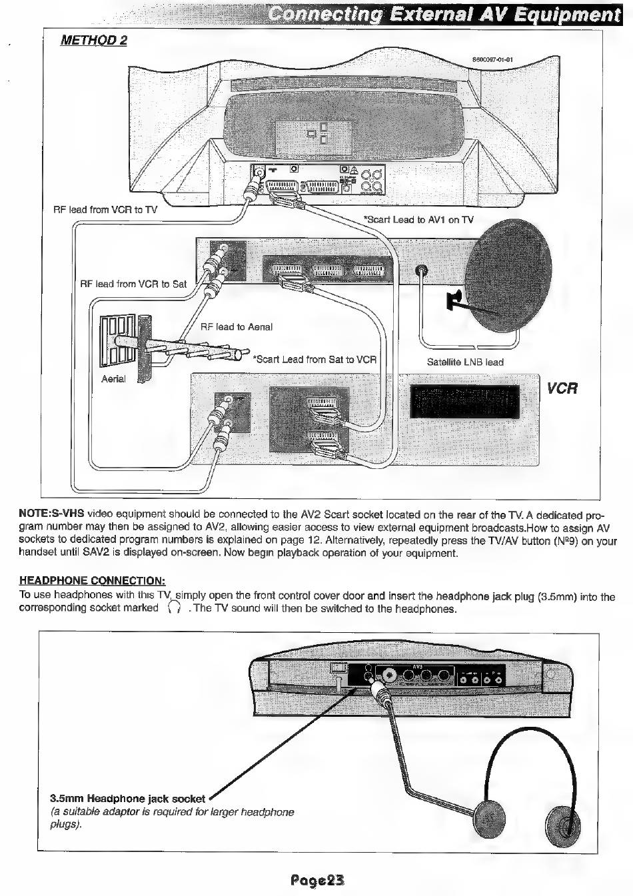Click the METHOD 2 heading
[x=93, y=40]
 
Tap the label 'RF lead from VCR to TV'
[x=105, y=210]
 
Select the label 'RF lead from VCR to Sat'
[x=133, y=284]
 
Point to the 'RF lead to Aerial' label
[x=237, y=326]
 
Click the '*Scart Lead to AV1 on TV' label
[x=418, y=220]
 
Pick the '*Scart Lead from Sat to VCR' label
[x=315, y=360]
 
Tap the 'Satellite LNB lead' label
[x=465, y=362]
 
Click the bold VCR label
[x=562, y=388]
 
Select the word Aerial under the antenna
[x=113, y=379]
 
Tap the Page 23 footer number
[x=317, y=880]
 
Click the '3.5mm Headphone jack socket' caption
[x=128, y=799]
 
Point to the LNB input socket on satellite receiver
[x=421, y=271]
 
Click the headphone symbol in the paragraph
[x=175, y=608]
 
